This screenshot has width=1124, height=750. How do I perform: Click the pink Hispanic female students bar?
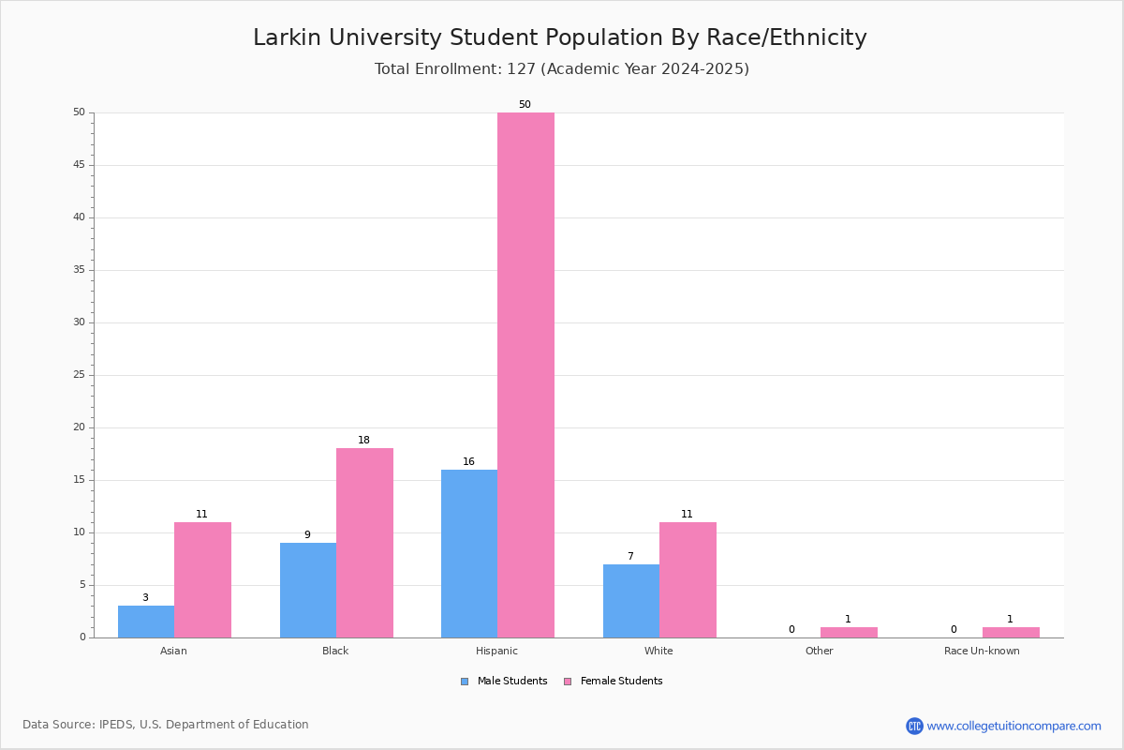[525, 375]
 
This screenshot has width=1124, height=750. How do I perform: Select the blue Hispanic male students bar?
[469, 553]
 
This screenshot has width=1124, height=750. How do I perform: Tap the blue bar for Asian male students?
[146, 622]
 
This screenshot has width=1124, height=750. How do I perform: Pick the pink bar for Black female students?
[364, 543]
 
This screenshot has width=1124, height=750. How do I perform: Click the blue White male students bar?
[631, 601]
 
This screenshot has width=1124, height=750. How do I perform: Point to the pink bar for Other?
[849, 633]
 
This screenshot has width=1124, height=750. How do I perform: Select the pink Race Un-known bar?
[1011, 633]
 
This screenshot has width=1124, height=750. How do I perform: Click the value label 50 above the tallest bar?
[525, 104]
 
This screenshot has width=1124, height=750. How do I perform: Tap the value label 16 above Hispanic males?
[468, 461]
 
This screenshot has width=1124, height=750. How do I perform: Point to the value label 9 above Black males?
[307, 534]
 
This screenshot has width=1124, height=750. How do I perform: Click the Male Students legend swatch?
[465, 682]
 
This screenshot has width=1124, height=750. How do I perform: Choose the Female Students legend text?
[621, 681]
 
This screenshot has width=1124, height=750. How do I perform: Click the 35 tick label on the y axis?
[79, 270]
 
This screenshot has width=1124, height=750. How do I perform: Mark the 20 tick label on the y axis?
[79, 427]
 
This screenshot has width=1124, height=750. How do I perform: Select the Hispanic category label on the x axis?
[496, 651]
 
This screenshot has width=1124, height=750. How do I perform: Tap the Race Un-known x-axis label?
[982, 651]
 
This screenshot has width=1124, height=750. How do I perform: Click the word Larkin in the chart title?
[287, 37]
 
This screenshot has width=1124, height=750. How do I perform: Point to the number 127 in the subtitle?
[521, 68]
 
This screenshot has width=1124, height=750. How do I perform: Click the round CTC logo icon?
[914, 726]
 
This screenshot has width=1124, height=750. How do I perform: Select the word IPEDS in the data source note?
[116, 725]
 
